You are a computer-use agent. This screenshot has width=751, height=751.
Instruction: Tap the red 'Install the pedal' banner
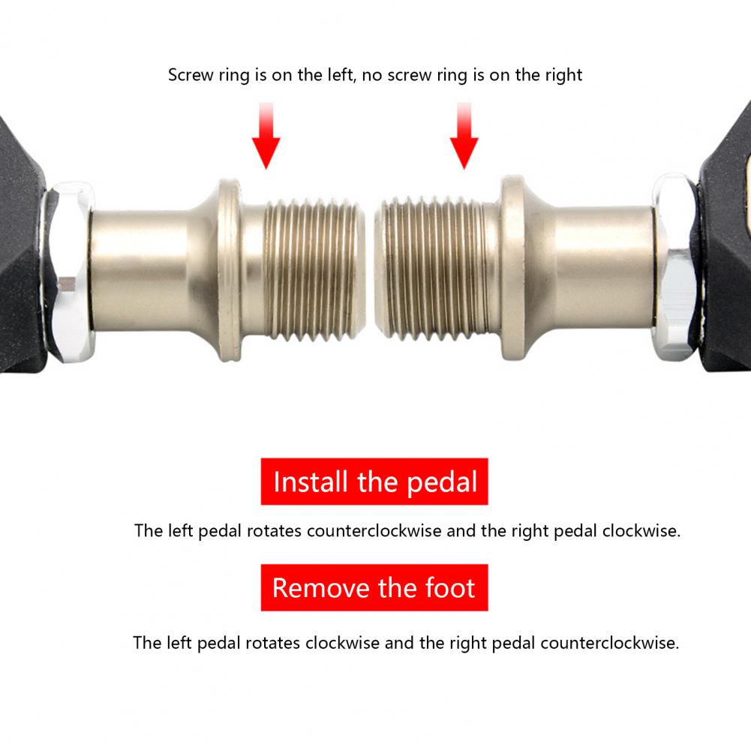[374, 482]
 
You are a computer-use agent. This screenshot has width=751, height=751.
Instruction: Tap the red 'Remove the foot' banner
[374, 587]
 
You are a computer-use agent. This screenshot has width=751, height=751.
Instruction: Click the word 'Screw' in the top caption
[190, 75]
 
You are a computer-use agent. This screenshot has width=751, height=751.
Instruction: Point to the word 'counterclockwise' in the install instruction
[374, 530]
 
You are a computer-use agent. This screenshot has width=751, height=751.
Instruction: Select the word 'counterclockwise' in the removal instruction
[610, 643]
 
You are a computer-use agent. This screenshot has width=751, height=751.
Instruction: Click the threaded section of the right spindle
[431, 271]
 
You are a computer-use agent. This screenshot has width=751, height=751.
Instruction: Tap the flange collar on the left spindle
[230, 271]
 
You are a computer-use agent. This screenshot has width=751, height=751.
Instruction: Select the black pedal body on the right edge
[725, 239]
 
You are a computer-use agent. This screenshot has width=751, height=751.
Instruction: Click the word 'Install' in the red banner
[311, 482]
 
